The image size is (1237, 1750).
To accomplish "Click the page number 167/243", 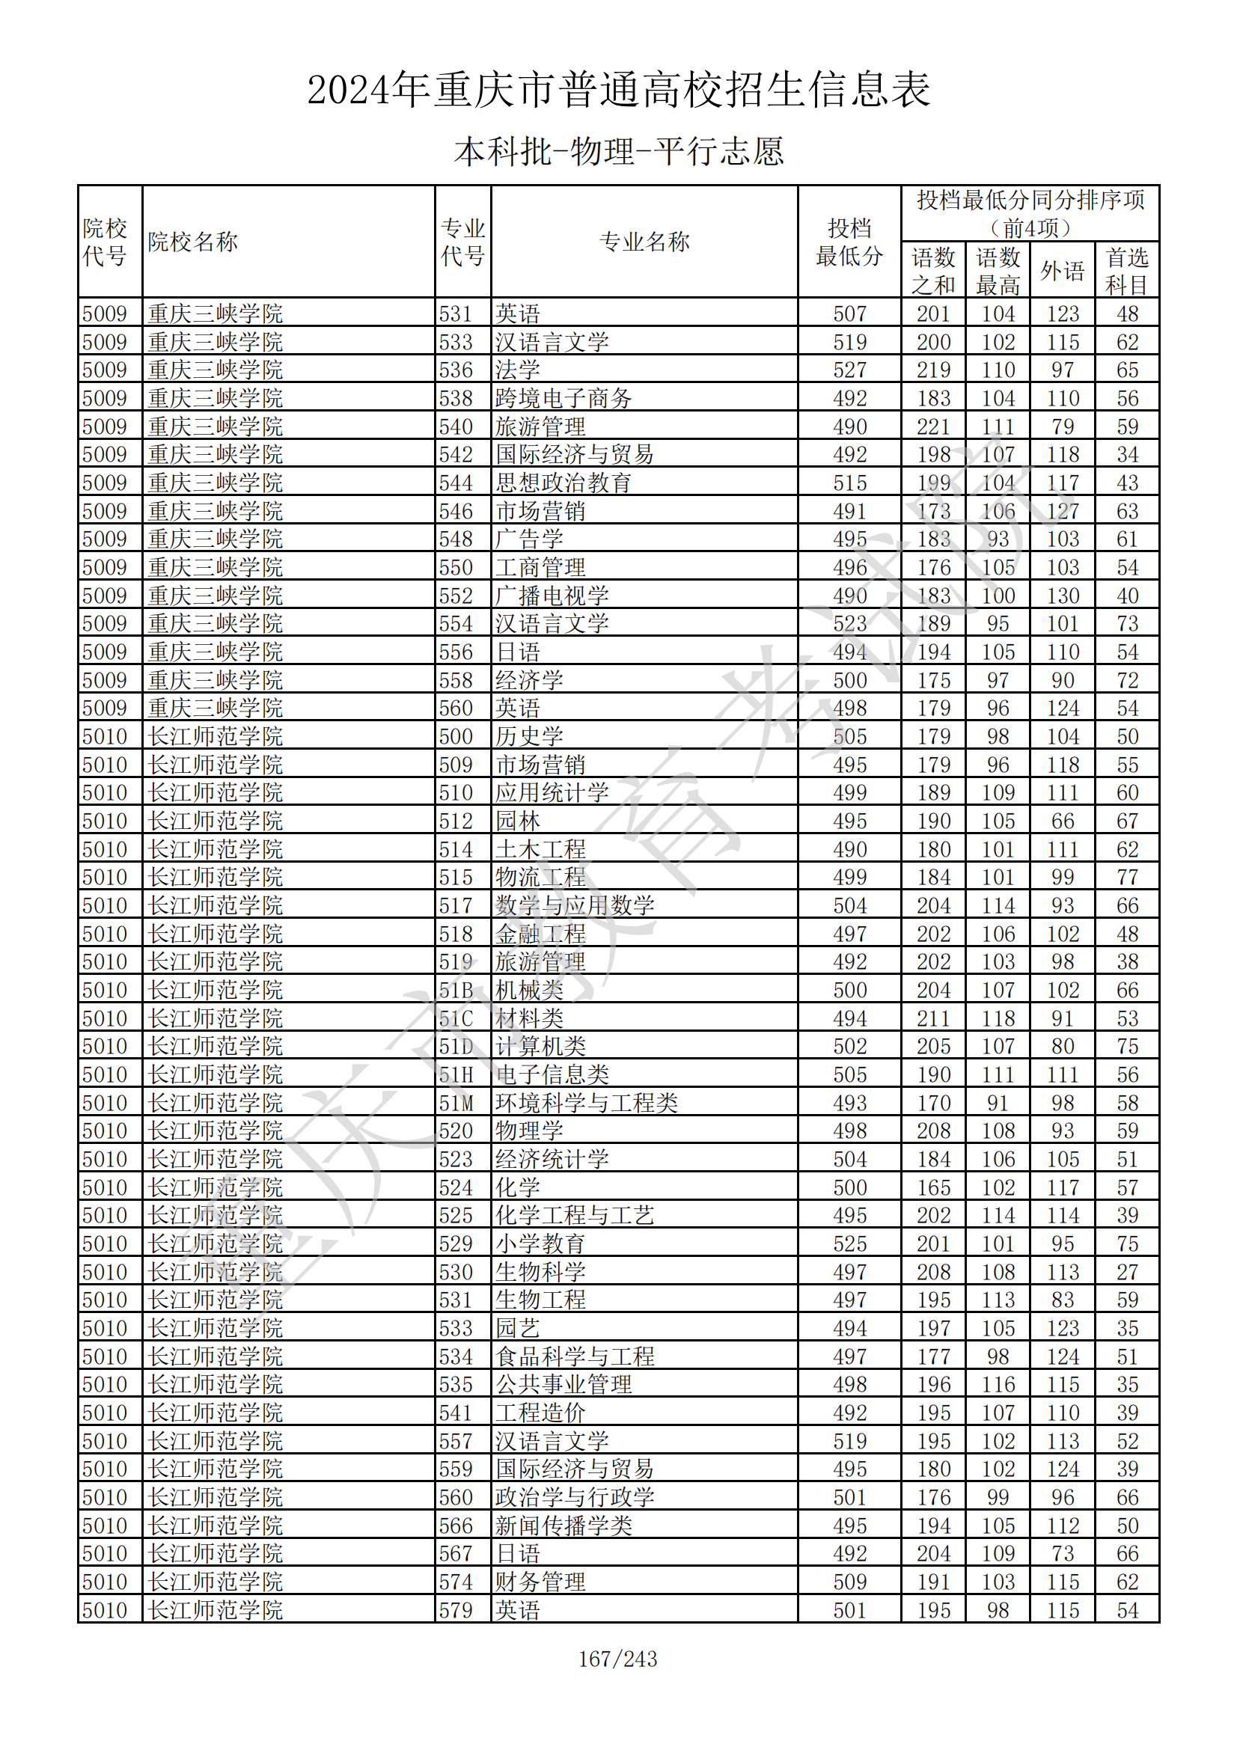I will (617, 1659).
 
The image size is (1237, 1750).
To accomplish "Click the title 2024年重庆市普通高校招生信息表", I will (618, 90).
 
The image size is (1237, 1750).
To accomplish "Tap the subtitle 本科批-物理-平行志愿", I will (618, 151).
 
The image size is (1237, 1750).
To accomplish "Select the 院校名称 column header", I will (193, 242).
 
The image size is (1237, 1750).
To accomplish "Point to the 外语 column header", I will (1062, 271).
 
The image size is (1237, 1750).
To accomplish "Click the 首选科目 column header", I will (1126, 271).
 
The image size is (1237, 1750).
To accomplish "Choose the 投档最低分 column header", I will (849, 242).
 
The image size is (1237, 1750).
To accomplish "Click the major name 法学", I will (518, 370).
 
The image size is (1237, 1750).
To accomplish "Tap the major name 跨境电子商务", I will (563, 398).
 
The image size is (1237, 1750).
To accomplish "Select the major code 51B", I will (456, 990).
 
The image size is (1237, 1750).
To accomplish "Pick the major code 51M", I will (456, 1103).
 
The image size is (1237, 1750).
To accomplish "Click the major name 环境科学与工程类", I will (586, 1103).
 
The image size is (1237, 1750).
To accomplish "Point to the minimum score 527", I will (849, 370).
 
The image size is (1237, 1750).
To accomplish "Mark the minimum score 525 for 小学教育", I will (849, 1244).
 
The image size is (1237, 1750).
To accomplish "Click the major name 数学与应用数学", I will (575, 905).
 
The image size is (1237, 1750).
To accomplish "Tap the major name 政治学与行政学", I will (575, 1498).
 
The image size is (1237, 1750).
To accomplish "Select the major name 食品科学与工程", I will (575, 1356).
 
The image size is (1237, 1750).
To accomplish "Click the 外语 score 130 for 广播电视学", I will (1062, 596).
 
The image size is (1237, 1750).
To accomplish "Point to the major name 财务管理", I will (540, 1582).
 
